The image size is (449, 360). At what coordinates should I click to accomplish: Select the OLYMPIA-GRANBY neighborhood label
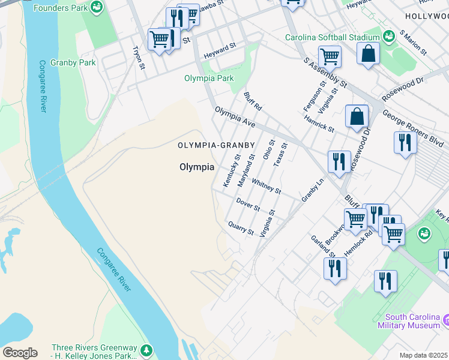point(216,145)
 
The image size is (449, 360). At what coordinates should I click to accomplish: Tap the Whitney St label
point(266,186)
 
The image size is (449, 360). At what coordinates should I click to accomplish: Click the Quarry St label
point(241,228)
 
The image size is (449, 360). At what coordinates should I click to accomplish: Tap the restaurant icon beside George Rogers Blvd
point(405,143)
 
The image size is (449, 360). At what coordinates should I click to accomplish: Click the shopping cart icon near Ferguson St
point(330,57)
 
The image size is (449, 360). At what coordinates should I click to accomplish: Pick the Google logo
point(20,352)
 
